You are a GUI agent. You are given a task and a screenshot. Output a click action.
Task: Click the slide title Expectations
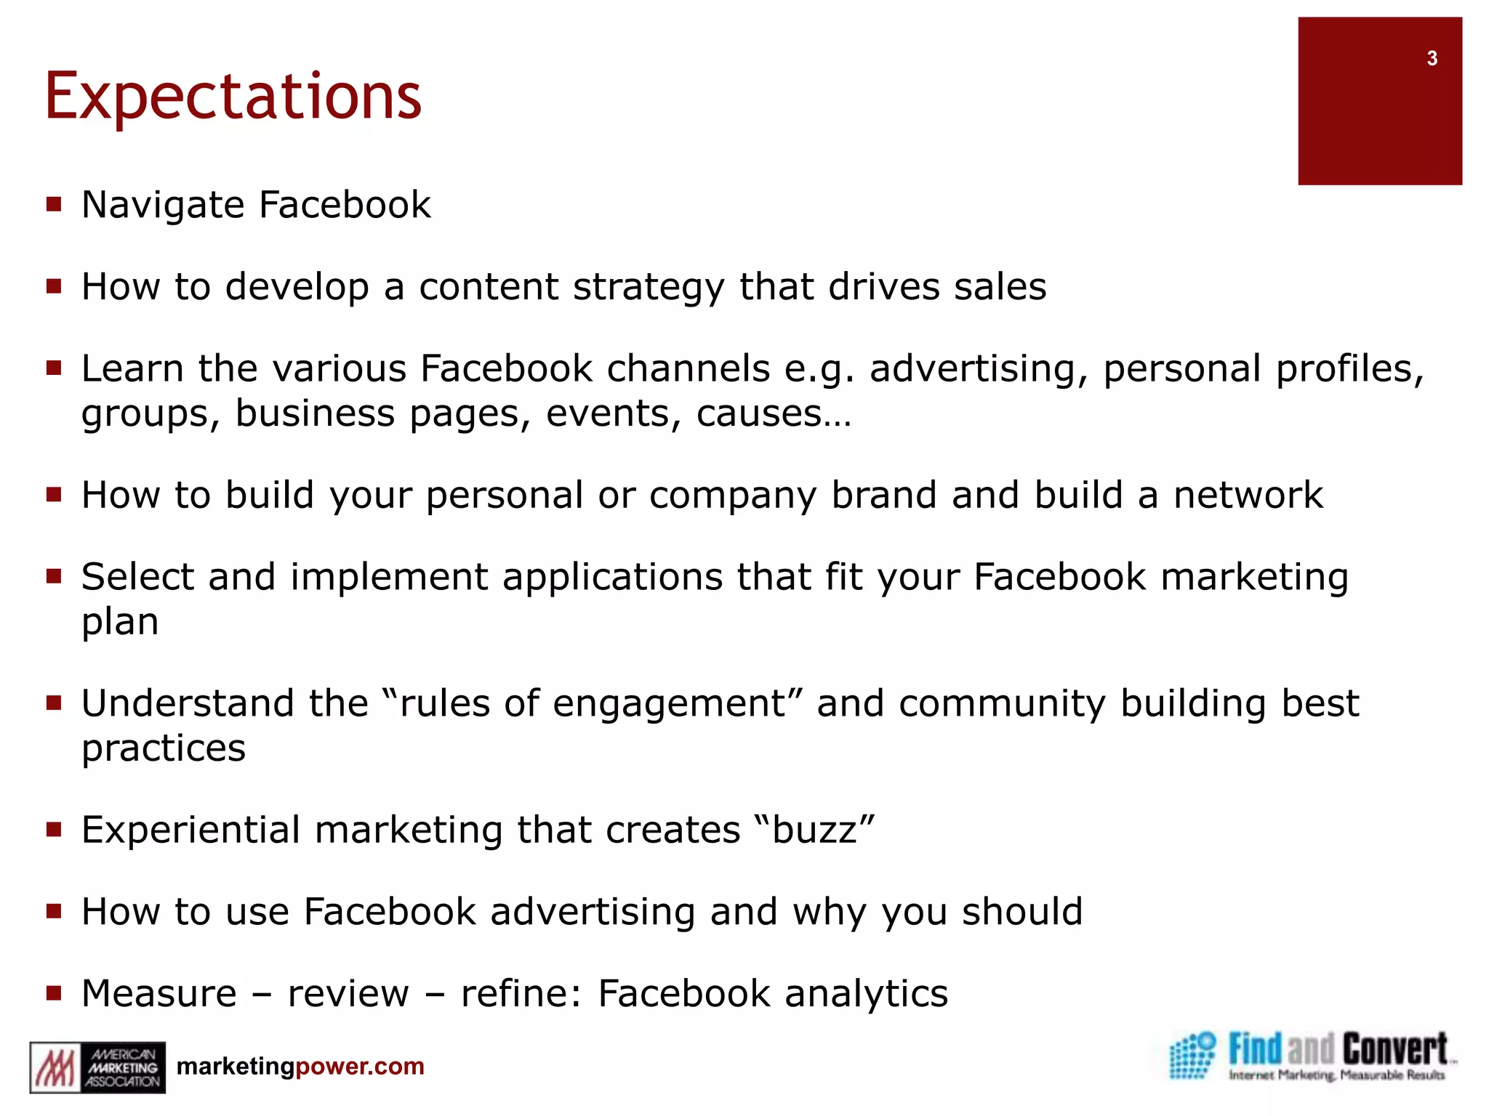coord(233,97)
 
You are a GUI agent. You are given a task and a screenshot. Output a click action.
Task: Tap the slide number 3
coord(1432,58)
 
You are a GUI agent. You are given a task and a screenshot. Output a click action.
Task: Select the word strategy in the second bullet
coord(649,288)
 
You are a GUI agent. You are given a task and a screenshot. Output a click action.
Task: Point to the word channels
coord(688,369)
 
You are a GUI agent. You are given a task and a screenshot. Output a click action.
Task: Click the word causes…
coord(773,414)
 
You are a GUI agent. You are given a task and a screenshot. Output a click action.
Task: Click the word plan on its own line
coord(120,623)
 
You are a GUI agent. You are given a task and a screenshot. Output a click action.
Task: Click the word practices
coord(164,748)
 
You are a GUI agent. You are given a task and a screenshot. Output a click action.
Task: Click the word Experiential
coord(190,830)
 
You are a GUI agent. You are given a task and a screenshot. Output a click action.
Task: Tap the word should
coord(1022,912)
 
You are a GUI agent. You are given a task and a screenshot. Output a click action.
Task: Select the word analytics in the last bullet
coord(866,994)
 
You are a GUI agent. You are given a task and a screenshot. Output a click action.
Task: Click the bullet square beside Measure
coord(54,992)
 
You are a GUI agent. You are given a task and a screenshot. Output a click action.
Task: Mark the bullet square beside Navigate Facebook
coord(54,204)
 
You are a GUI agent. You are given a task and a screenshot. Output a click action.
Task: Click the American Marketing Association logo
coord(97,1067)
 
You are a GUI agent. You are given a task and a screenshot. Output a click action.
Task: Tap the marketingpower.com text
coord(300,1067)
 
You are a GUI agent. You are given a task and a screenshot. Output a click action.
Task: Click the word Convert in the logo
coord(1394,1050)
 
